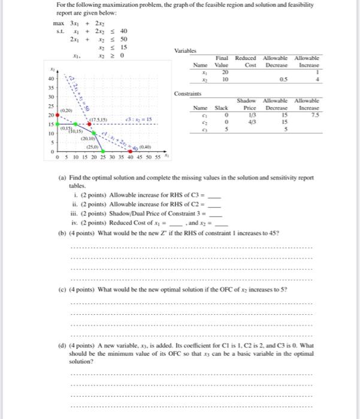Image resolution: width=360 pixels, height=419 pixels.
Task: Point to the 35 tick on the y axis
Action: (50, 86)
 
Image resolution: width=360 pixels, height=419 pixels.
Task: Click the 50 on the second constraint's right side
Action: (123, 38)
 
